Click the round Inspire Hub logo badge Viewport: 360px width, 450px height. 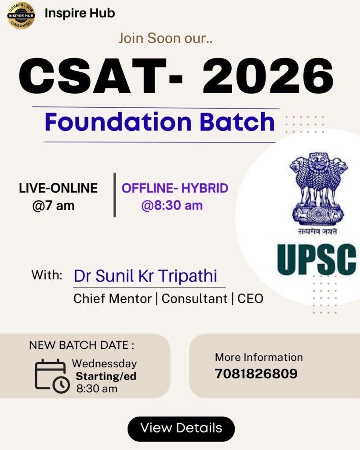point(21,15)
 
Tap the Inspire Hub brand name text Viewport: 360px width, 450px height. point(80,13)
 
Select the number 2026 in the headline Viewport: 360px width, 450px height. point(268,76)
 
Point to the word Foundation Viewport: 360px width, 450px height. point(118,122)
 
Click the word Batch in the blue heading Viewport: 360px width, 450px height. point(237,122)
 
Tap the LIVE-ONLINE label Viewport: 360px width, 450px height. point(58,188)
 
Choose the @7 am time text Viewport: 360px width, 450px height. point(53,206)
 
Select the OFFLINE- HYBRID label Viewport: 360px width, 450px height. point(175,188)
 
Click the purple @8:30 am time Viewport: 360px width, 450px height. point(172,206)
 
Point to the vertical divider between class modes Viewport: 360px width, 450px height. point(115,195)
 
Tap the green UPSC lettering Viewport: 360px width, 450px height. point(316,259)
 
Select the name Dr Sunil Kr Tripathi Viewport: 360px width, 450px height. point(145,276)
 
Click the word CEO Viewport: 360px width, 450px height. point(251,299)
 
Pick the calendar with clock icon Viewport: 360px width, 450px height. point(52,376)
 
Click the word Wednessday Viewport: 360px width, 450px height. point(105,363)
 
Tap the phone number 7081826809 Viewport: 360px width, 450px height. point(256,374)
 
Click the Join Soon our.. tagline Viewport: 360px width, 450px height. point(165,38)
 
